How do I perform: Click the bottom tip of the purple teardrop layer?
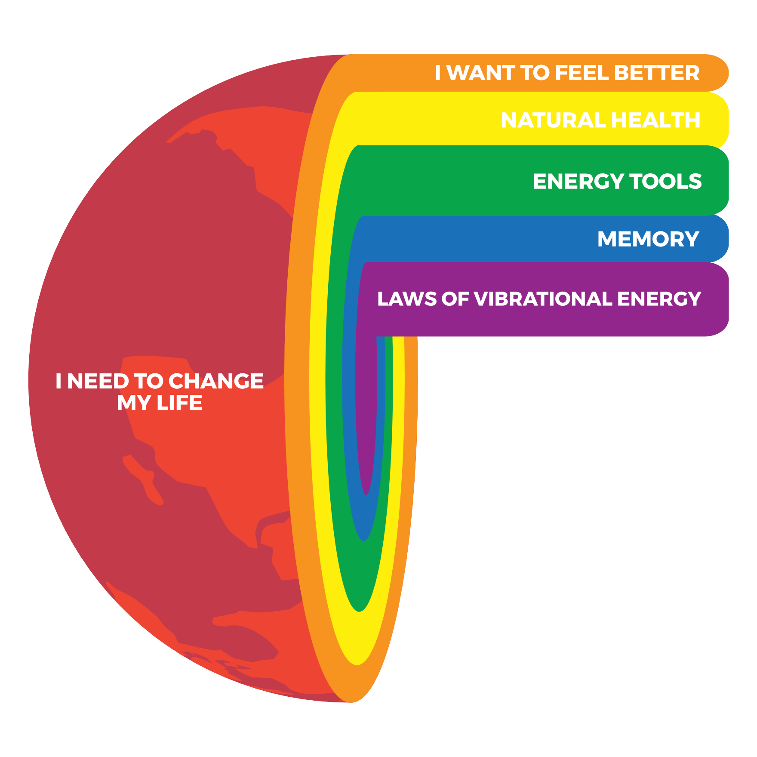(x=366, y=494)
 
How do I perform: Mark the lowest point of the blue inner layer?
(x=364, y=540)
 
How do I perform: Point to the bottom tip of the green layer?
(x=360, y=611)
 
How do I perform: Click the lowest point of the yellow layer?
(x=357, y=665)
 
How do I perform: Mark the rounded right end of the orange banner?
(x=728, y=73)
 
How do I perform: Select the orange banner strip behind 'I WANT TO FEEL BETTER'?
(x=538, y=73)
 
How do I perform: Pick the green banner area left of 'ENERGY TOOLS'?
(x=443, y=181)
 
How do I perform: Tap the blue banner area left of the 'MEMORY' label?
(x=477, y=239)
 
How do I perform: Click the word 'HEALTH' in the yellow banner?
(x=656, y=120)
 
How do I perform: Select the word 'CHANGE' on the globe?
(x=216, y=382)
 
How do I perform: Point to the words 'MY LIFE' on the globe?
(x=160, y=403)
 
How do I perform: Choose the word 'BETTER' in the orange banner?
(x=657, y=73)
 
